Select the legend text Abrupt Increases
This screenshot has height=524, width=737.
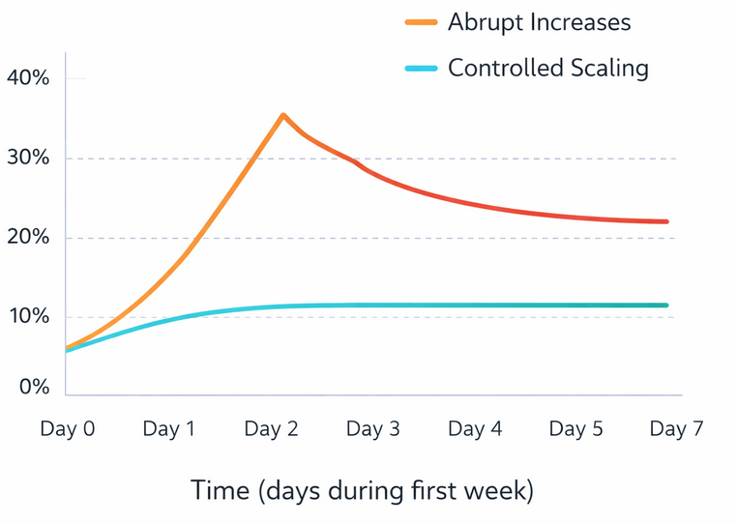539,22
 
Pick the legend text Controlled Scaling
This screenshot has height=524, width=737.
547,69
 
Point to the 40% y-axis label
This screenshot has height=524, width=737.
27,77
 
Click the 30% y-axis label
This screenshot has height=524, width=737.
27,158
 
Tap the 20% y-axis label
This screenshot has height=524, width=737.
27,238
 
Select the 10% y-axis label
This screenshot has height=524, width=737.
27,317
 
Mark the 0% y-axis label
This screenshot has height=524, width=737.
32,387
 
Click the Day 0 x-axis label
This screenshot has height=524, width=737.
67,429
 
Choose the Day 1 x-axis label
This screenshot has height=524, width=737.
169,429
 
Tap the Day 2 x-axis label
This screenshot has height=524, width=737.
271,429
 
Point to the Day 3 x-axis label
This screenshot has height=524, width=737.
372,429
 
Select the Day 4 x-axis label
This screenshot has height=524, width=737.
475,429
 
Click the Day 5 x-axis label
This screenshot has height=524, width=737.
575,429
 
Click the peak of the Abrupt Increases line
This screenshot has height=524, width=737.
282,115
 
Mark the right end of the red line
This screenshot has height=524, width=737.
666,221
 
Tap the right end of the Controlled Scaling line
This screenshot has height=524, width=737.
666,306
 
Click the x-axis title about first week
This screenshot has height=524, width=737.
362,490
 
